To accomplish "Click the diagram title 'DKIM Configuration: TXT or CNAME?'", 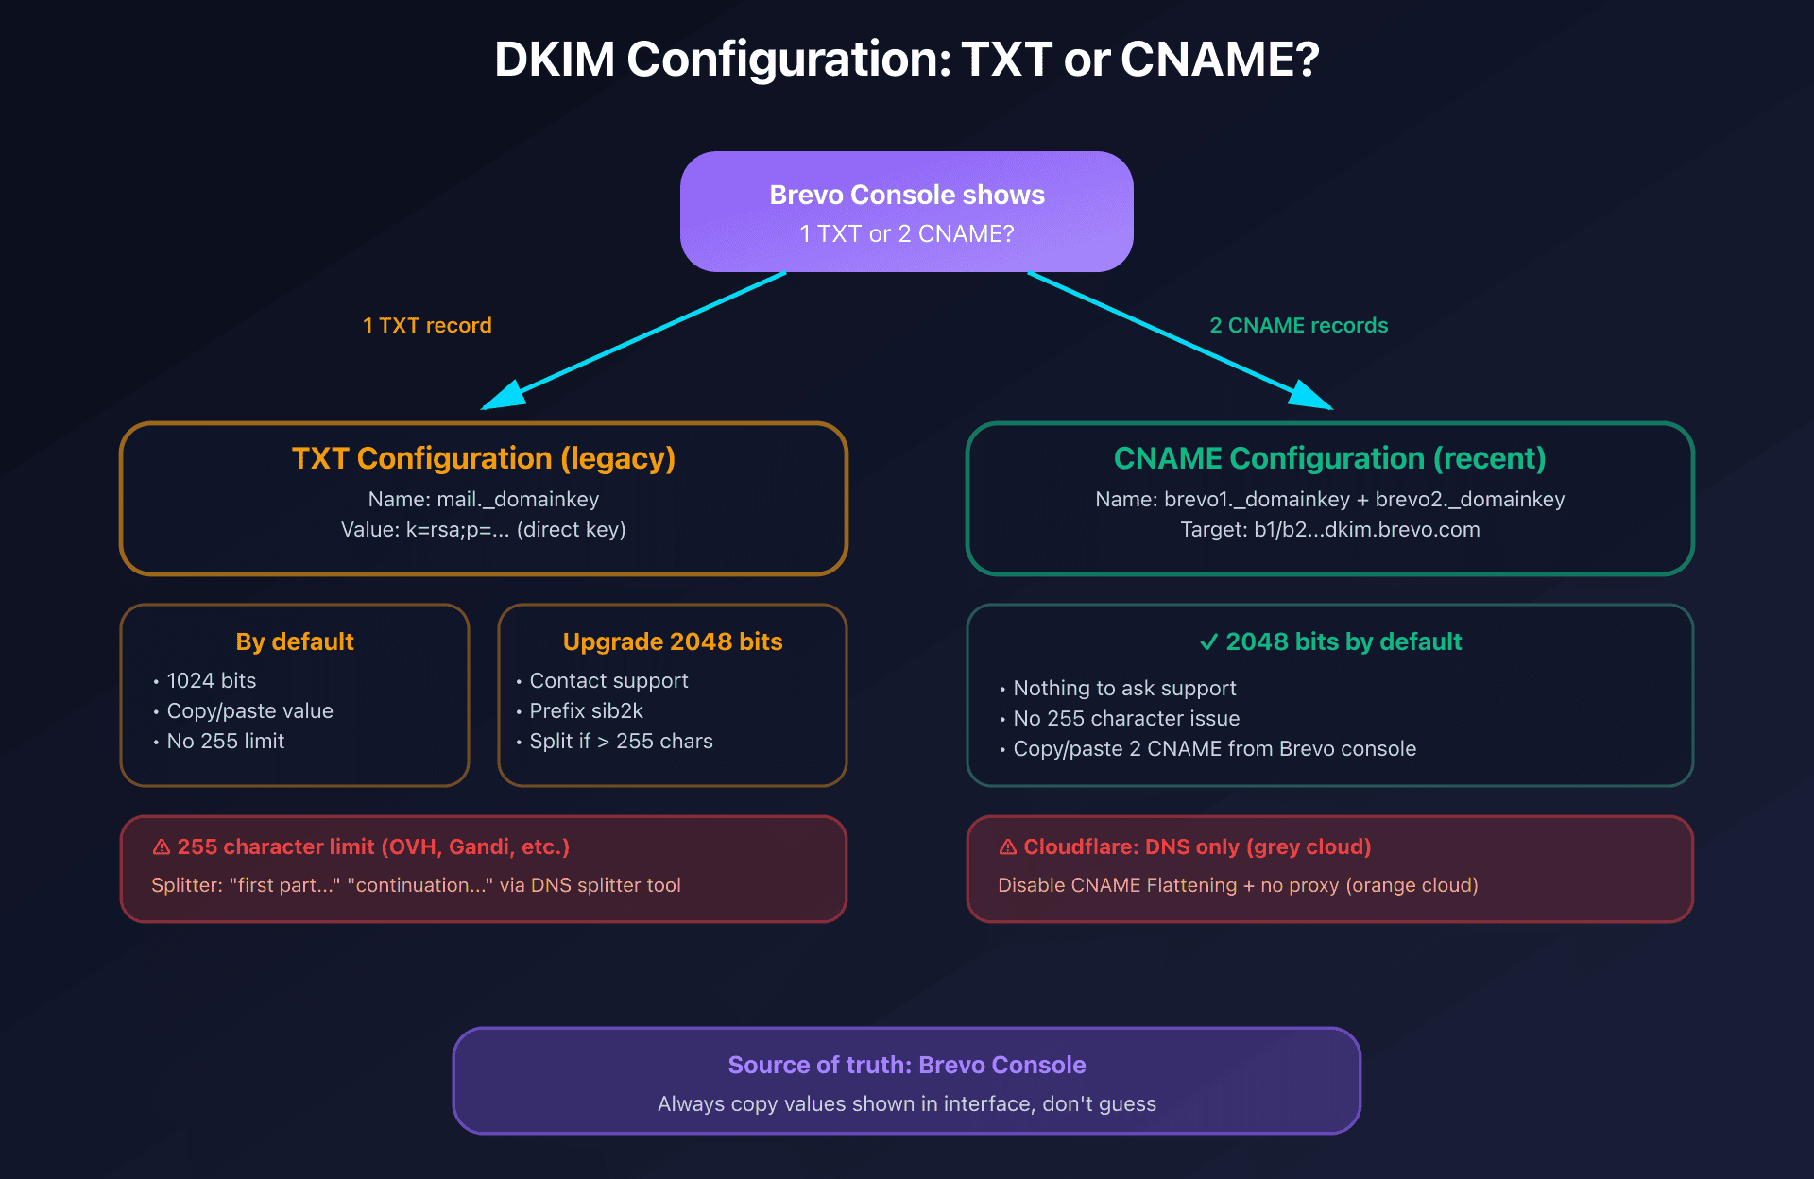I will pyautogui.click(x=906, y=60).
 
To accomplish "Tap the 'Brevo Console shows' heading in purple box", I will pyautogui.click(x=906, y=195).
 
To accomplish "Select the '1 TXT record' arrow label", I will pyautogui.click(x=427, y=325).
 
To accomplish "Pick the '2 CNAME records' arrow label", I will pyautogui.click(x=1298, y=325).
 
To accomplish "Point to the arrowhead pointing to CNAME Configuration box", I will pyautogui.click(x=1310, y=396).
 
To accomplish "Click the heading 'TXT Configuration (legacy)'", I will pyautogui.click(x=483, y=458).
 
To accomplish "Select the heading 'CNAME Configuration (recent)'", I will pyautogui.click(x=1329, y=458).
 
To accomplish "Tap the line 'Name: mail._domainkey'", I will pyautogui.click(x=483, y=499).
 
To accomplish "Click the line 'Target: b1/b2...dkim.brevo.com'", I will pyautogui.click(x=1329, y=529).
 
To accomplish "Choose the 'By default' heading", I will pyautogui.click(x=294, y=641).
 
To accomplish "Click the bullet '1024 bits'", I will pyautogui.click(x=211, y=680).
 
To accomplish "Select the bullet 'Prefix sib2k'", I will pyautogui.click(x=586, y=710).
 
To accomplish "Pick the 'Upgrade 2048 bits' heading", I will pyautogui.click(x=672, y=641).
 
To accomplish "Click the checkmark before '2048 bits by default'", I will pyautogui.click(x=1208, y=642).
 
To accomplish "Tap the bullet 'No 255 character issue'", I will pyautogui.click(x=1126, y=718).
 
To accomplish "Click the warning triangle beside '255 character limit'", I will pyautogui.click(x=162, y=846).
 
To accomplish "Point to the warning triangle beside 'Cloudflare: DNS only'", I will pyautogui.click(x=1008, y=846).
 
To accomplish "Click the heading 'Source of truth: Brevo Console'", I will pyautogui.click(x=906, y=1065).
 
